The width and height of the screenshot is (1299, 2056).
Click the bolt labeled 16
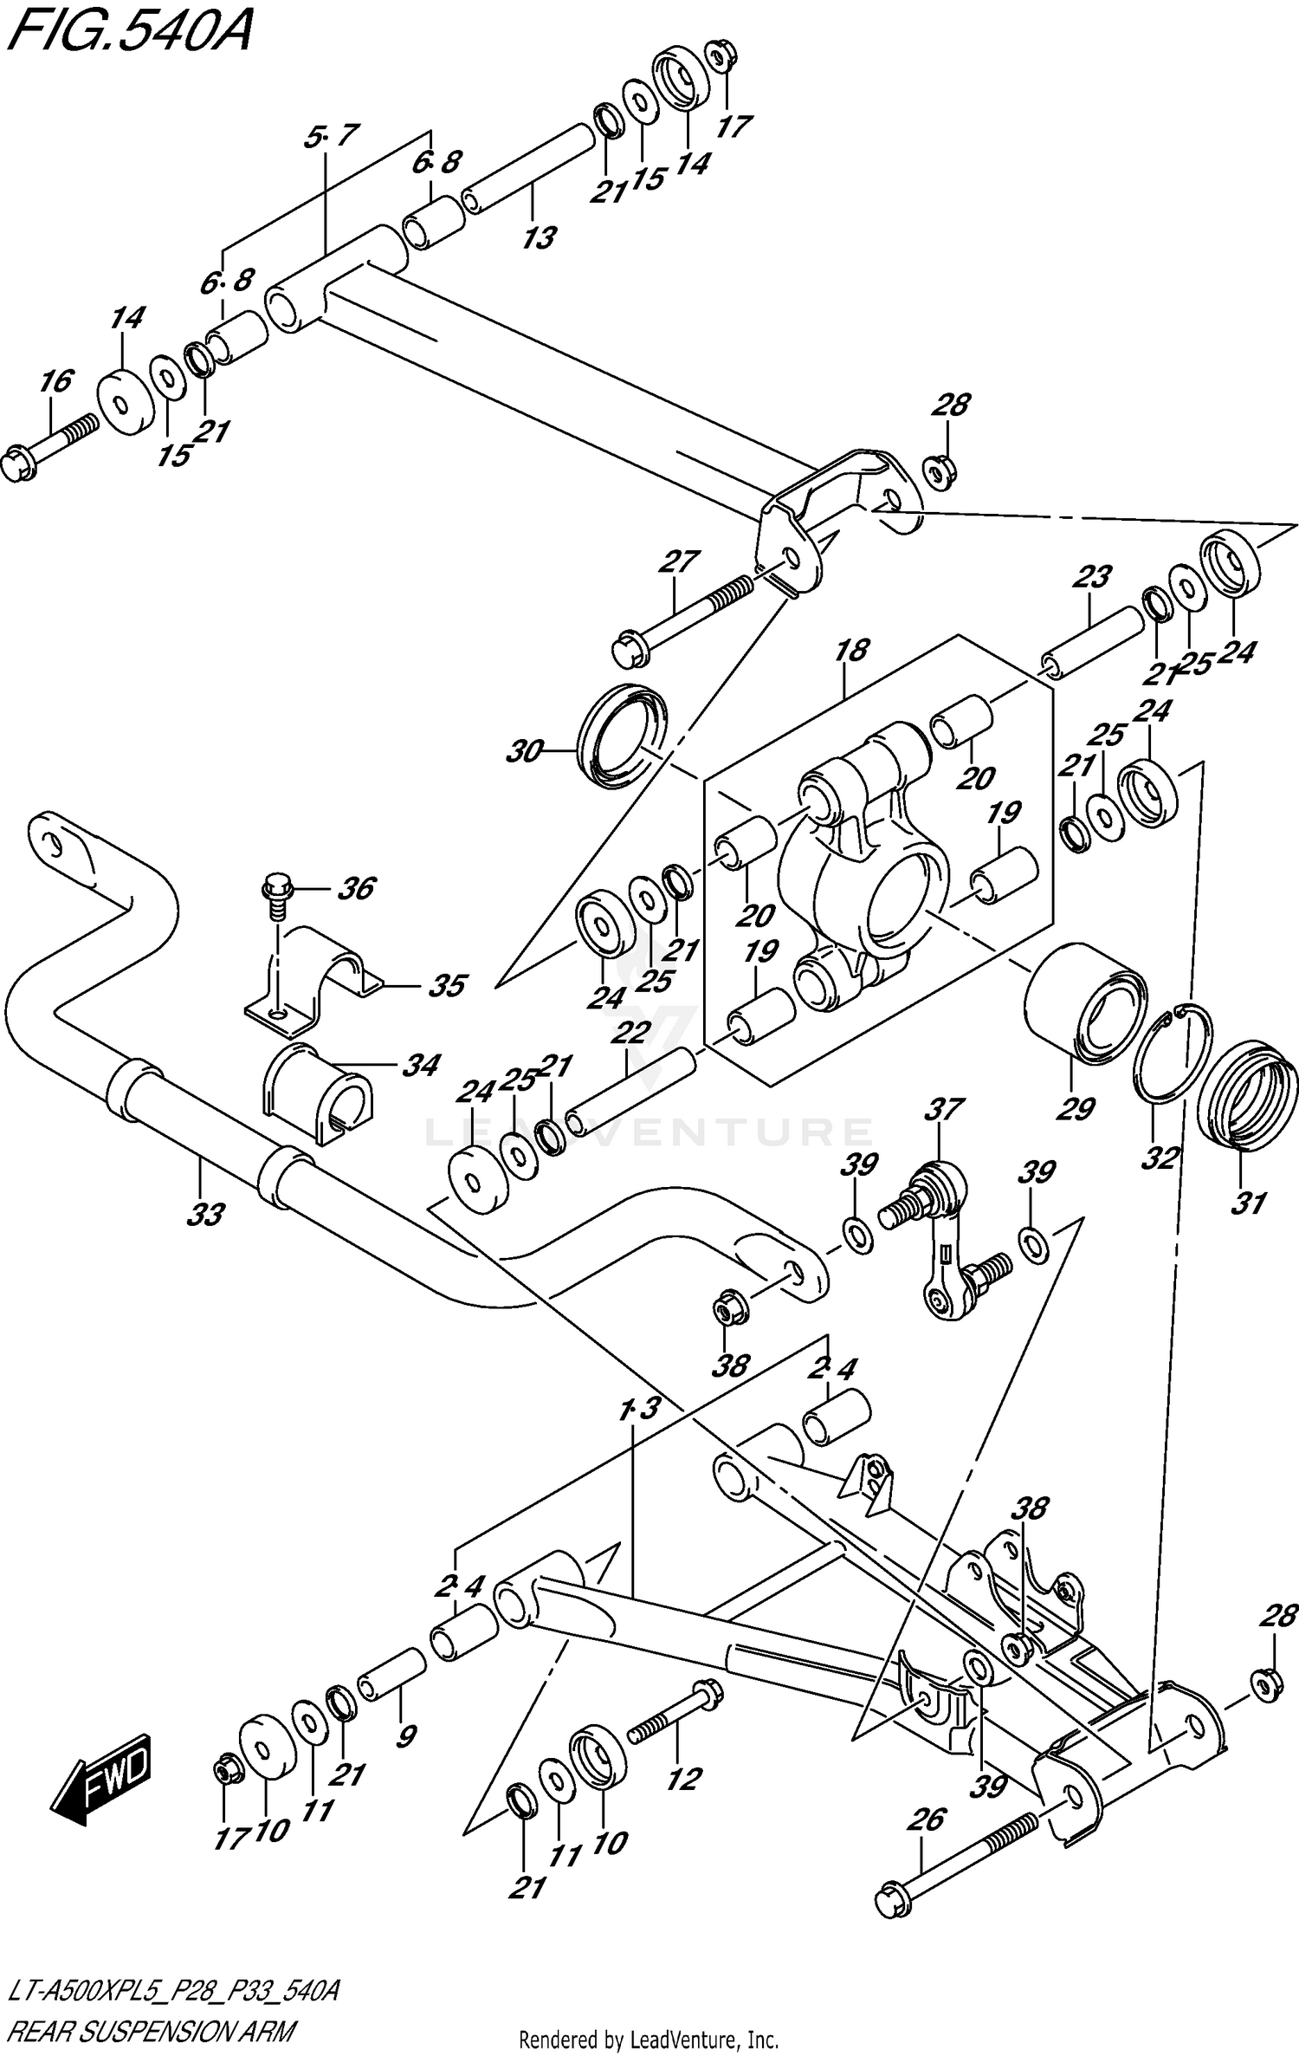click(52, 442)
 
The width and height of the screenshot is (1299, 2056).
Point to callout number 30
click(523, 751)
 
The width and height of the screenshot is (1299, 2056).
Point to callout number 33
click(205, 1214)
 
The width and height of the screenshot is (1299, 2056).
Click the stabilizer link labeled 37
click(944, 1249)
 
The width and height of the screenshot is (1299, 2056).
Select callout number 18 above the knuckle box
click(851, 651)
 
